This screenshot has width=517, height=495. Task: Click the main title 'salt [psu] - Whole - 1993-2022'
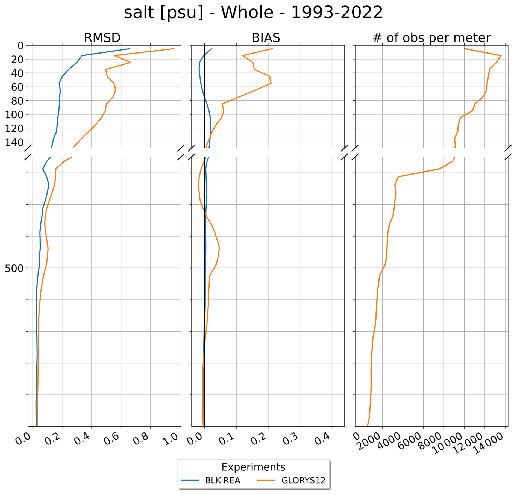click(253, 13)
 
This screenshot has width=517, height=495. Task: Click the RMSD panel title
click(102, 38)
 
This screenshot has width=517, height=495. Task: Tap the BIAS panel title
click(266, 38)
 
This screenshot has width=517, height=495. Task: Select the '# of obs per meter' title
click(431, 38)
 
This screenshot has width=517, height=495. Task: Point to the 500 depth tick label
click(14, 268)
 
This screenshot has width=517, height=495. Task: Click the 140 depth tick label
click(14, 142)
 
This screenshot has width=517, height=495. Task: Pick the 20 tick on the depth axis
click(17, 60)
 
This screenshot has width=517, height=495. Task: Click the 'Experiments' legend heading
click(253, 467)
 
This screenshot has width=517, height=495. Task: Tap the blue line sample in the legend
click(190, 480)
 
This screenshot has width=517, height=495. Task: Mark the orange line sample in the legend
click(266, 480)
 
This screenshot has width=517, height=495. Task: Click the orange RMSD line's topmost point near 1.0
click(174, 49)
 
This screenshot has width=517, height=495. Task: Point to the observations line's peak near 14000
click(501, 56)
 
